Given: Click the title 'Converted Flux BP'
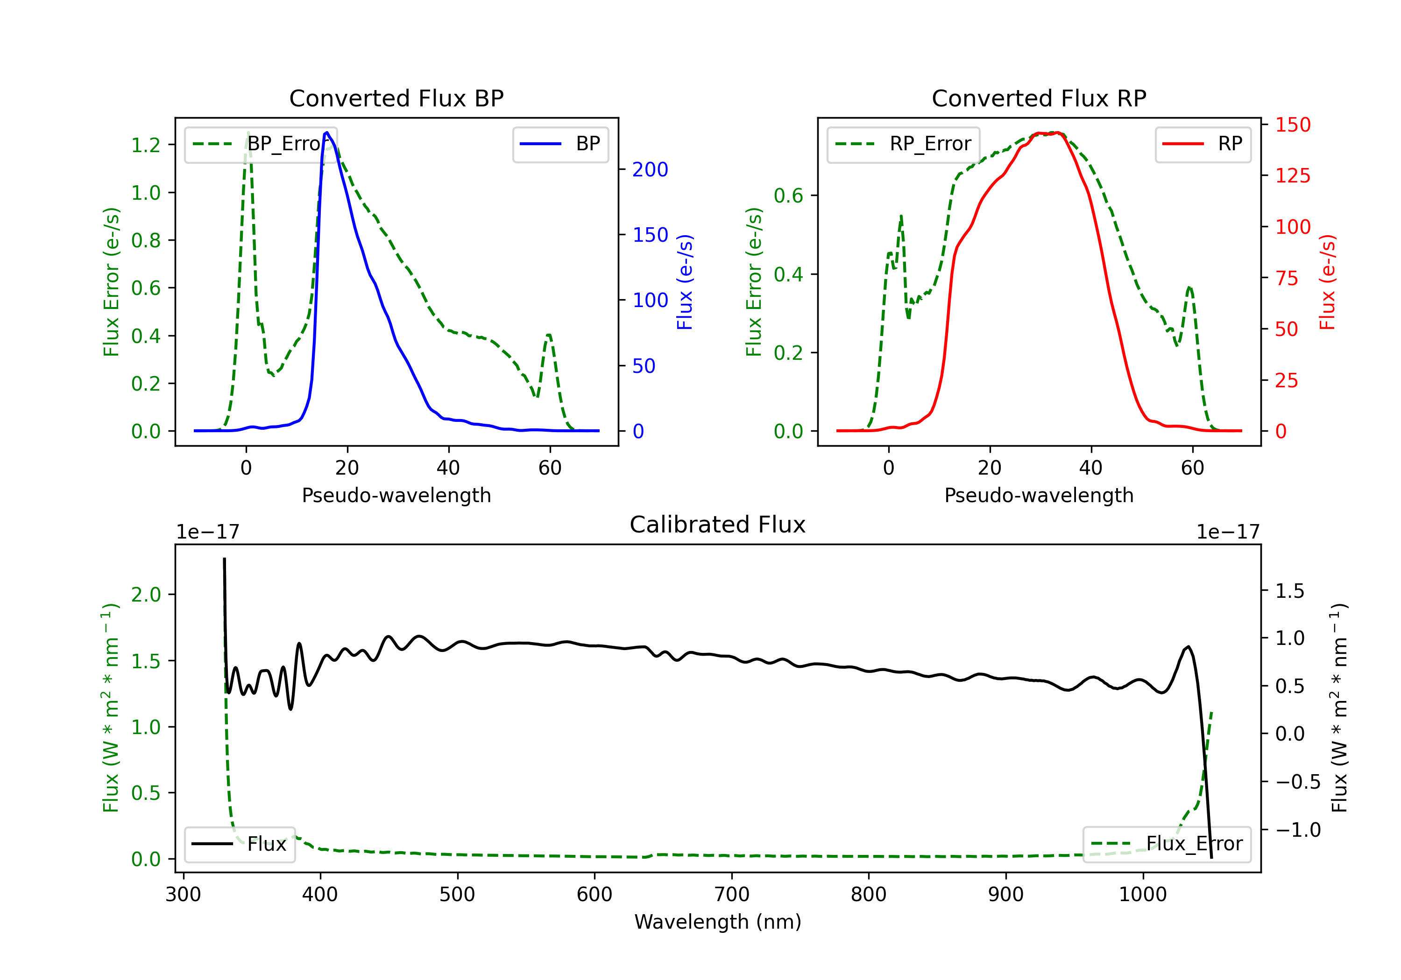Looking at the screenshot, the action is pos(396,98).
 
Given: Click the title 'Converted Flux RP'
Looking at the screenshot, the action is pos(1039,98).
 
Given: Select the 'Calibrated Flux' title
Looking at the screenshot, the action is pos(718,525).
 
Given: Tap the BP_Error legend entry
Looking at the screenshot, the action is pos(261,144).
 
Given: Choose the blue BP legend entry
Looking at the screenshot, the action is pos(560,144).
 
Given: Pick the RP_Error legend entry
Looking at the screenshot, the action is pos(903,144).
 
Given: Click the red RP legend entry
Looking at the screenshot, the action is pos(1203,144).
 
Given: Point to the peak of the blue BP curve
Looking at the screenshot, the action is pos(327,133).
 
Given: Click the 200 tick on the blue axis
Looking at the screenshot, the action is pos(651,169).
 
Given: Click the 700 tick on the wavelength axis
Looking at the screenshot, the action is pos(732,895).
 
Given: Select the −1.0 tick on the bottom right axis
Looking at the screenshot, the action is pos(1298,830).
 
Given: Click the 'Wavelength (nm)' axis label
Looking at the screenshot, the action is pos(718,922).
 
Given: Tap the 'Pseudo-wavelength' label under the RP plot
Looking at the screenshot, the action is pos(1039,495).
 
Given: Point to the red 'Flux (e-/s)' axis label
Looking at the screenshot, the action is pos(1327,282).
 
